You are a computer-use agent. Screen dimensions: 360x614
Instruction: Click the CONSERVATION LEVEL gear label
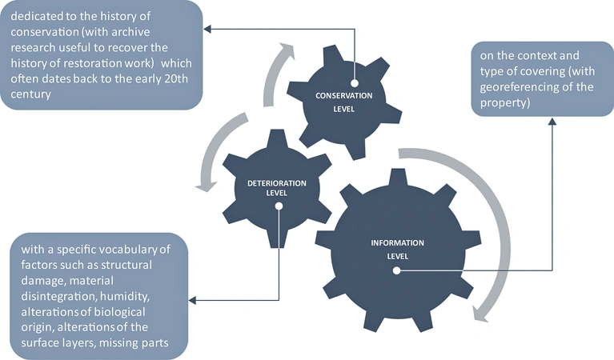click(339, 102)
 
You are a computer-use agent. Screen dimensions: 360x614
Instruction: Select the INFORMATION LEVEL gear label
click(397, 249)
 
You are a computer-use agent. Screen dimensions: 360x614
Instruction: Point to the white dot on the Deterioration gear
click(279, 206)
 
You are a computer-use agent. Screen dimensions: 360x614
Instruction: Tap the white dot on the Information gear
click(396, 271)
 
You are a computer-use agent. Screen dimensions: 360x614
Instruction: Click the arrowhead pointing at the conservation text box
click(207, 29)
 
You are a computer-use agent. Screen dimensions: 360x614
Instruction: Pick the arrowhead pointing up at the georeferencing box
click(552, 122)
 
